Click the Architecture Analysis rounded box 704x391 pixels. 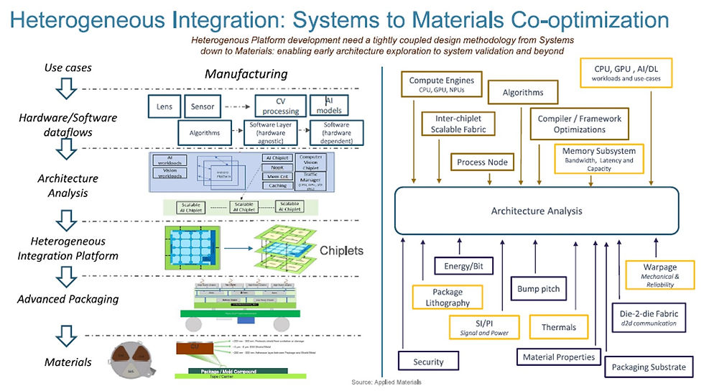click(x=537, y=211)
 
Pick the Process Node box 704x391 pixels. click(x=482, y=162)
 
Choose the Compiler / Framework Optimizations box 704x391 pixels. click(x=580, y=124)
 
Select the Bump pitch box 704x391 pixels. click(x=538, y=289)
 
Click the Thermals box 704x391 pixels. click(x=558, y=327)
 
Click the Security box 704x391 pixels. click(x=429, y=362)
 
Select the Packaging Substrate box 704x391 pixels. click(x=648, y=367)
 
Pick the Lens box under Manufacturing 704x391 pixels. click(x=164, y=106)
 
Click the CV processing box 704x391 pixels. click(x=280, y=106)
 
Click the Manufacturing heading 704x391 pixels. click(x=246, y=74)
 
